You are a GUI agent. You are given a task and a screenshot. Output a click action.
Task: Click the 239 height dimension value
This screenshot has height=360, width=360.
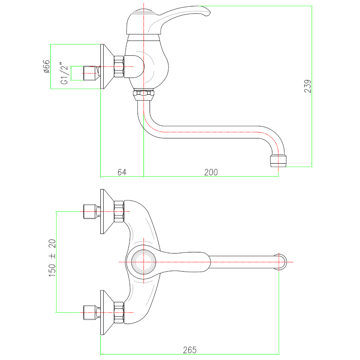[x=307, y=86]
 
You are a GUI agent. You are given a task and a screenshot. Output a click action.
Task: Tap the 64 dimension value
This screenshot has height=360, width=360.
[x=122, y=172]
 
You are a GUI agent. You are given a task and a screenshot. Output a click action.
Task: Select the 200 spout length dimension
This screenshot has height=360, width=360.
[x=211, y=172]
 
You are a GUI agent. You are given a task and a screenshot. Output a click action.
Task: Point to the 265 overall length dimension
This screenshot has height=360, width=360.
[x=190, y=350]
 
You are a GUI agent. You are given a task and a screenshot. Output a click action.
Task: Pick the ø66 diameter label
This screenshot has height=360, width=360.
[x=46, y=66]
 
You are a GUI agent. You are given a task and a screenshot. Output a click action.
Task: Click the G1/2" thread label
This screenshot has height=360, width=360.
[x=64, y=73]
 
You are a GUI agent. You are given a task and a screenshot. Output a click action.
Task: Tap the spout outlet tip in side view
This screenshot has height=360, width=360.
[x=279, y=162]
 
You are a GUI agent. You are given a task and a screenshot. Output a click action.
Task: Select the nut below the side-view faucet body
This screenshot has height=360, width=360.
[x=143, y=95]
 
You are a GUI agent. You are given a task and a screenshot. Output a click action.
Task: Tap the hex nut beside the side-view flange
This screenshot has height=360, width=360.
[x=119, y=66]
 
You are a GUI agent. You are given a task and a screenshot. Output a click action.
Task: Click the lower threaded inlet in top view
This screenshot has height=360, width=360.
[x=90, y=312]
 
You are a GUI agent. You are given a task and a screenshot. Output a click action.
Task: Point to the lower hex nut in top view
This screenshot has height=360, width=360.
[x=119, y=312]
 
